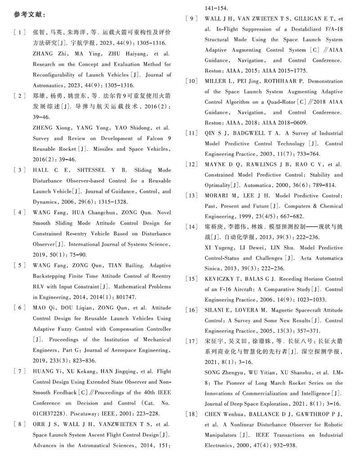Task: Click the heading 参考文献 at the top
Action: coord(29,14)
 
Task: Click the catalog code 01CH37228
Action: coord(50,413)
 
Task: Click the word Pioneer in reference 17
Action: coord(230,383)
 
